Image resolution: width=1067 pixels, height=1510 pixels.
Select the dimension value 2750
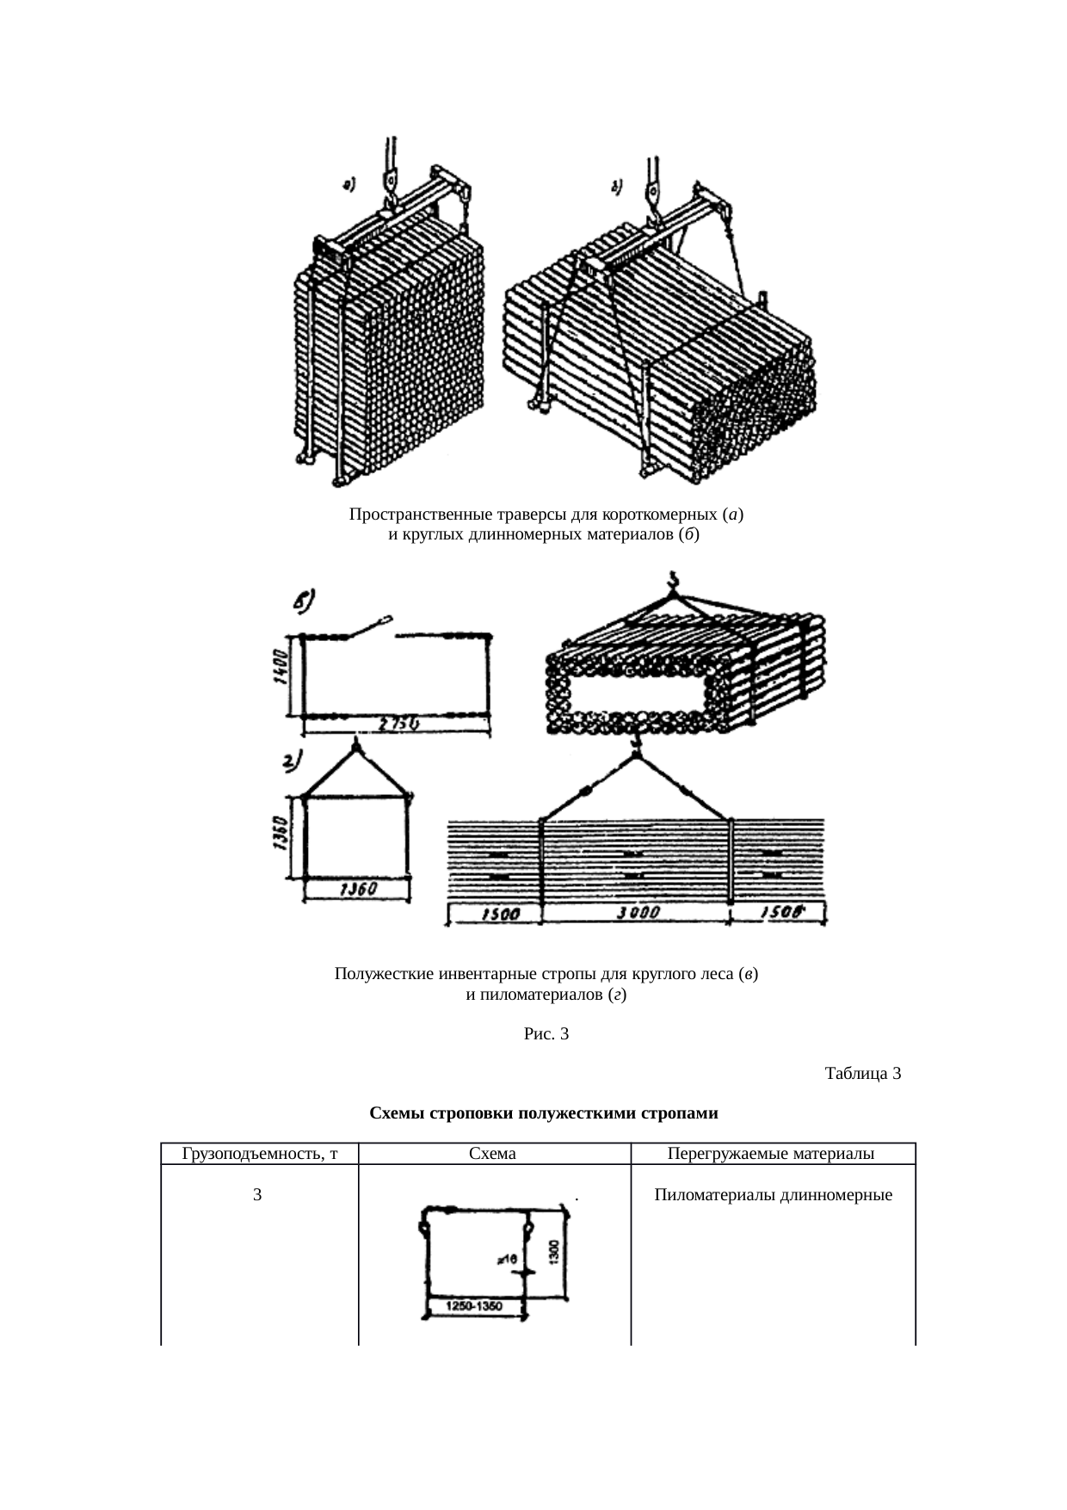398,725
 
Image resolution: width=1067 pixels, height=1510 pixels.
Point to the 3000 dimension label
638,914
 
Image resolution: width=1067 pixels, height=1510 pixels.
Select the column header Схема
493,1154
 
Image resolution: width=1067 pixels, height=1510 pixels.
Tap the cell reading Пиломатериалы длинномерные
773,1195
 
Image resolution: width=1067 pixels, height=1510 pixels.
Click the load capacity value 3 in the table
257,1195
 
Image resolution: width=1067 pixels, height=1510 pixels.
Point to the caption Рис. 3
546,1033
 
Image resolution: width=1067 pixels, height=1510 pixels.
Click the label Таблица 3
862,1073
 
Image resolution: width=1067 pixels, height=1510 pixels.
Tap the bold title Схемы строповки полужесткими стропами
543,1113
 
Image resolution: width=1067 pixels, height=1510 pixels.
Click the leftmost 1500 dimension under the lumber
497,915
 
